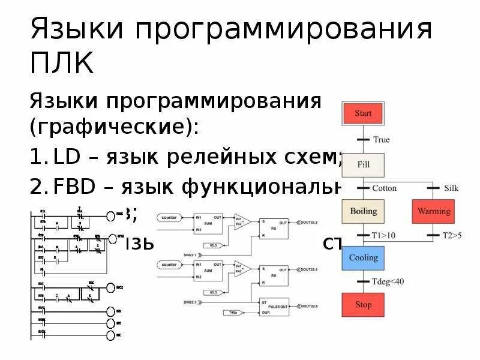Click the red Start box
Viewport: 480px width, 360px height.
363,113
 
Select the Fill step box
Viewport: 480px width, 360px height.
363,163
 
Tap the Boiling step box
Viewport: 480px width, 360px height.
363,211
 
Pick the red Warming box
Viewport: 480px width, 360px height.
433,211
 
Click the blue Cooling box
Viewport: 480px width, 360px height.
363,258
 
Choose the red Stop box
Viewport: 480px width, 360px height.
363,305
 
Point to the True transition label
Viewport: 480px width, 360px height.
381,140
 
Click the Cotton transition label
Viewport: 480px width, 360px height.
384,188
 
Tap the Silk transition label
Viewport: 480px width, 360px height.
451,188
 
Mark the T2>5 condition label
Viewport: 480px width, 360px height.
451,235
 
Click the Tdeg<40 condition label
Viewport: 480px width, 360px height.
388,281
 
